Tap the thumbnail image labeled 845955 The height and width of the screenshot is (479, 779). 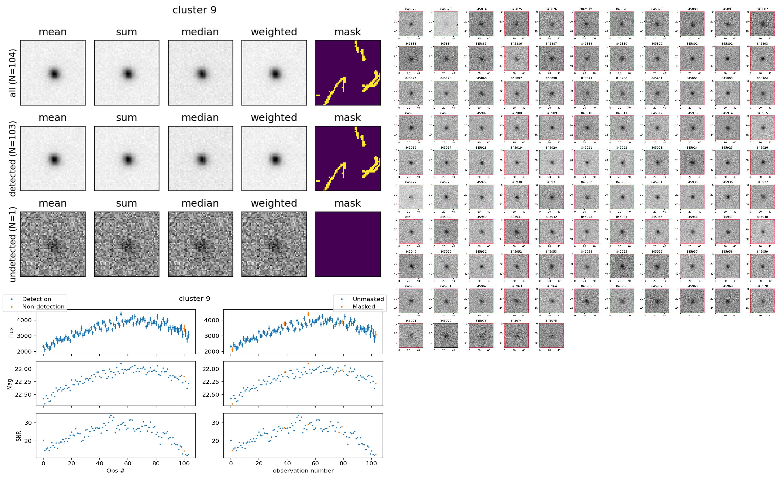coord(621,266)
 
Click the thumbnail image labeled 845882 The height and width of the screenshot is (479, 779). coord(762,24)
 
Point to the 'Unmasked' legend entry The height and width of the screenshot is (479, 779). coord(368,299)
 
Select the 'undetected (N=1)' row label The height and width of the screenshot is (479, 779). coord(13,244)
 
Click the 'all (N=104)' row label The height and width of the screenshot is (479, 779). coord(13,73)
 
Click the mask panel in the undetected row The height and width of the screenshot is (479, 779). coord(348,244)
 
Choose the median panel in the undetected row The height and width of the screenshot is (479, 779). coord(200,244)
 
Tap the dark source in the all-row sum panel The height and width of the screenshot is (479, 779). coord(128,74)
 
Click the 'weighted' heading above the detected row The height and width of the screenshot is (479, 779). coord(274,117)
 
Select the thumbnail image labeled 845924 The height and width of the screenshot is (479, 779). coord(692,162)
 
